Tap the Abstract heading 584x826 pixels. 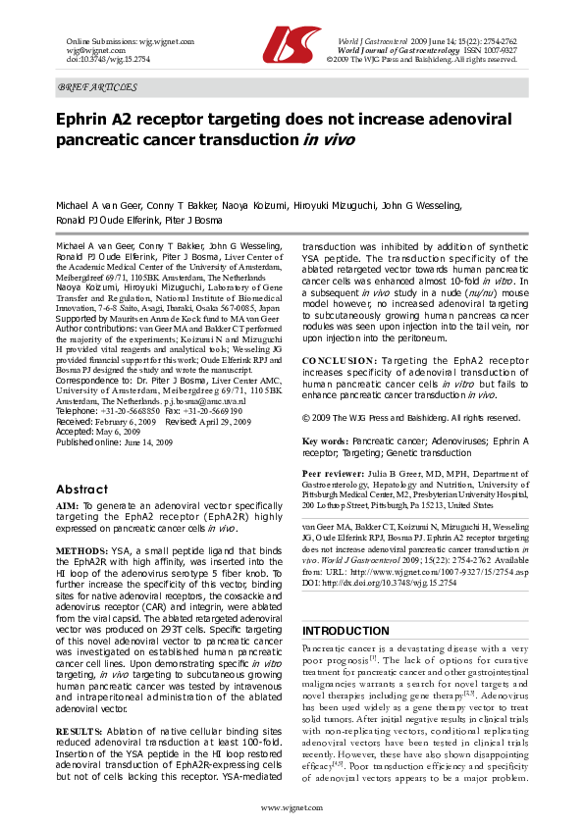click(x=81, y=489)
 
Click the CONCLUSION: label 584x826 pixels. click(x=339, y=359)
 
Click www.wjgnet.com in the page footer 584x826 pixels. click(x=292, y=806)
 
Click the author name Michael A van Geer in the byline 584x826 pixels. click(x=98, y=208)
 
